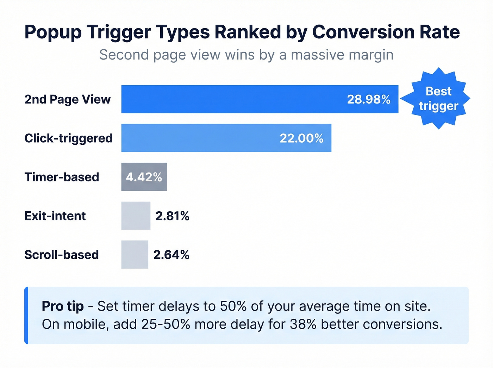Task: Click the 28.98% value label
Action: pyautogui.click(x=369, y=99)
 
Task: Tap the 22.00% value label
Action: pyautogui.click(x=301, y=138)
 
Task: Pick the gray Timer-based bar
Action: pyautogui.click(x=144, y=177)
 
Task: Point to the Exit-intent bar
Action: pyautogui.click(x=136, y=216)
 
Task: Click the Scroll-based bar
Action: pyautogui.click(x=135, y=255)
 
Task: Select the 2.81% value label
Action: pyautogui.click(x=172, y=216)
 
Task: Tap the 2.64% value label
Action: pyautogui.click(x=171, y=255)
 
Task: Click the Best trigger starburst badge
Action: pyautogui.click(x=438, y=99)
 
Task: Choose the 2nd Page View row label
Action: pyautogui.click(x=67, y=100)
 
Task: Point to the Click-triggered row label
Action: pyautogui.click(x=68, y=138)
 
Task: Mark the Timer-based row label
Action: pyautogui.click(x=62, y=177)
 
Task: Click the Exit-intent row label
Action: pyautogui.click(x=55, y=216)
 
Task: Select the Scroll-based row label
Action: pyautogui.click(x=61, y=255)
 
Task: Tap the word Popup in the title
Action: pyautogui.click(x=53, y=33)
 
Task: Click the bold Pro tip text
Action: pyautogui.click(x=63, y=306)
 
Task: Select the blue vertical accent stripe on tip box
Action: pyautogui.click(x=26, y=315)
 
